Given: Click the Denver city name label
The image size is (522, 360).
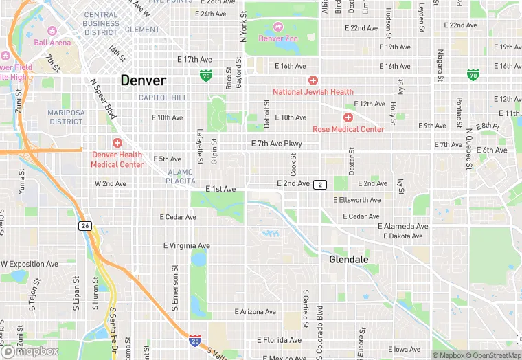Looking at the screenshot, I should pos(143,80).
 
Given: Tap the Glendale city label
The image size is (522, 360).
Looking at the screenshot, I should pos(348,260).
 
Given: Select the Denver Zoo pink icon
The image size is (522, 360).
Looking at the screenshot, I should pos(278,27).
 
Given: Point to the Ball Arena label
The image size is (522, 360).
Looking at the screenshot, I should pos(52,43).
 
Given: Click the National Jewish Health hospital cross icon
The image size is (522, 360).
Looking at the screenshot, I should pos(313,80).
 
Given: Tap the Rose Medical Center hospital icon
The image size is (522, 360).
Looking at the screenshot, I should pos(348,117).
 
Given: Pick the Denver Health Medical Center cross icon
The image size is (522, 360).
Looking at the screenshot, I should pos(117,143).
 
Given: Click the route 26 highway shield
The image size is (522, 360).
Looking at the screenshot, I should pos(85,225).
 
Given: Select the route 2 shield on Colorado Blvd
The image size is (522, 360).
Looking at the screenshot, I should pos(320,185).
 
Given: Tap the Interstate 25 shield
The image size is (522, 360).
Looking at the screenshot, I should pos(195,340).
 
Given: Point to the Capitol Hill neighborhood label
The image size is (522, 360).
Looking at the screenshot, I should pos(163,98).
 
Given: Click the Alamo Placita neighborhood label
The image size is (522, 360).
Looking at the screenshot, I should pos(181,177).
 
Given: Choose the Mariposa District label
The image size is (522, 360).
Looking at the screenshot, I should pos(66,117).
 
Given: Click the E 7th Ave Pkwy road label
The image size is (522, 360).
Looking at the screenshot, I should pos(276,144).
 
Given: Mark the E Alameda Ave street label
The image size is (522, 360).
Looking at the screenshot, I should pos(402,226).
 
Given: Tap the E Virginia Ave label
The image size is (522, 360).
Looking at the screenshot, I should pos(186,245).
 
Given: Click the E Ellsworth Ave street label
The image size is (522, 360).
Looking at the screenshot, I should pos(356,200).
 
